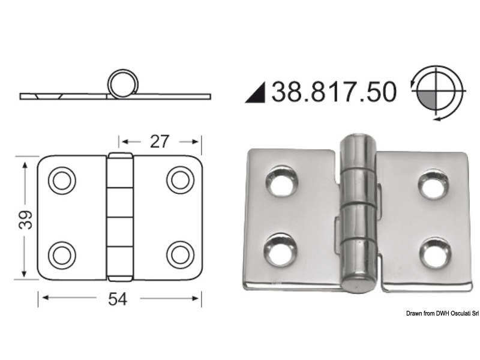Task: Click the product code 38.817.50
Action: (334, 91)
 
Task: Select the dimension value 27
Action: (159, 141)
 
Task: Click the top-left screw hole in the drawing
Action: (61, 180)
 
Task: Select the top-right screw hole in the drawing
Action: (179, 180)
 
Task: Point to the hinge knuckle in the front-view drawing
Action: (120, 217)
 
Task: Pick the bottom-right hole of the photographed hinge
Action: (435, 252)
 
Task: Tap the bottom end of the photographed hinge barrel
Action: (358, 286)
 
